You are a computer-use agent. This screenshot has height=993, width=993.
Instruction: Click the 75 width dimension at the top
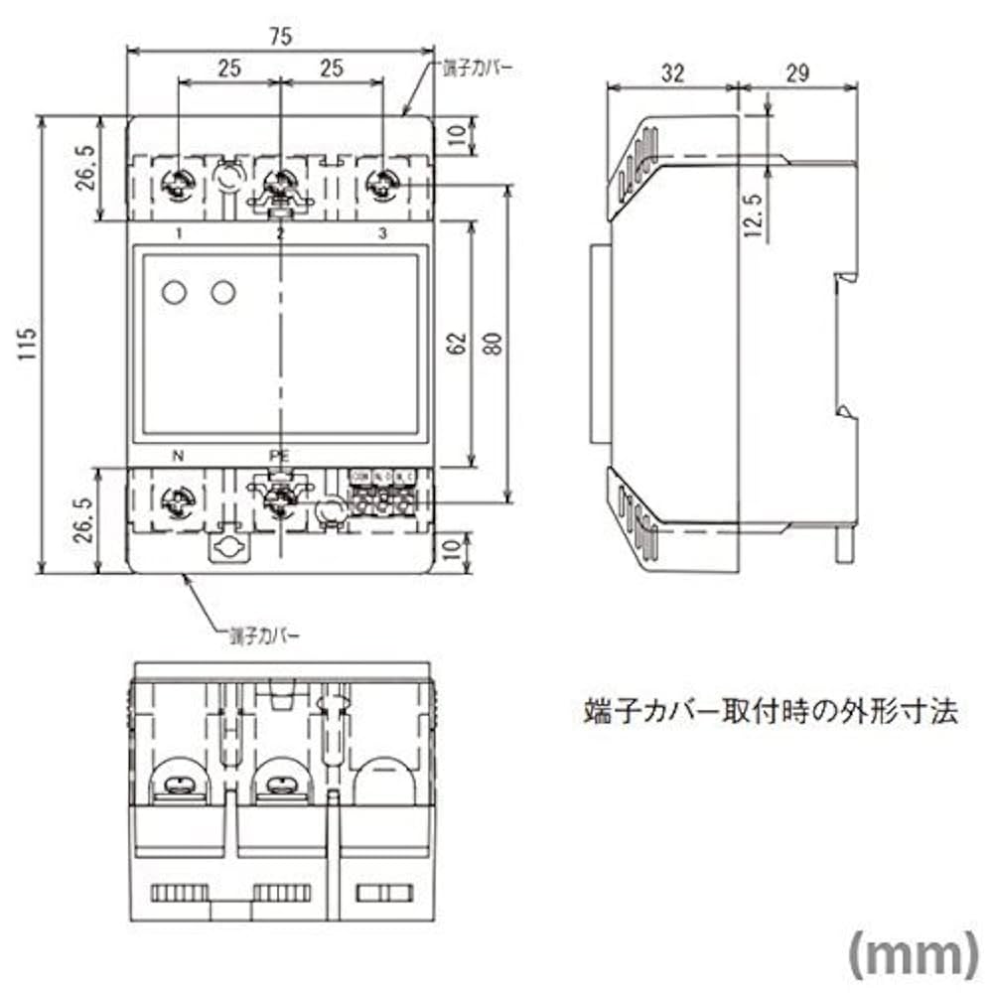coord(280,37)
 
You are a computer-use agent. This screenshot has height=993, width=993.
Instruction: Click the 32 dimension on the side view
coord(672,72)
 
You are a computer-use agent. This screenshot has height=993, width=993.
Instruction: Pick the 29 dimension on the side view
coord(797,72)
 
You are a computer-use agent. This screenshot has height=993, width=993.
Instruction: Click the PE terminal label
coord(279,456)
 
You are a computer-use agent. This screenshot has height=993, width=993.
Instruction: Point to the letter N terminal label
coord(179,457)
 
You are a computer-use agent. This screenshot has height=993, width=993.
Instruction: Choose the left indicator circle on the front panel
coord(174,292)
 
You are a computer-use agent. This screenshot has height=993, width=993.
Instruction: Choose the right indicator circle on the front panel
coord(223,292)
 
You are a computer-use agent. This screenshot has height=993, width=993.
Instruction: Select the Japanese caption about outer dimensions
coord(770,711)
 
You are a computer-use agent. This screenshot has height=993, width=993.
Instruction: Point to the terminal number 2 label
coord(280,234)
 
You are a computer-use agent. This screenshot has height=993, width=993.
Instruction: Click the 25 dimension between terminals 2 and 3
coord(331,71)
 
